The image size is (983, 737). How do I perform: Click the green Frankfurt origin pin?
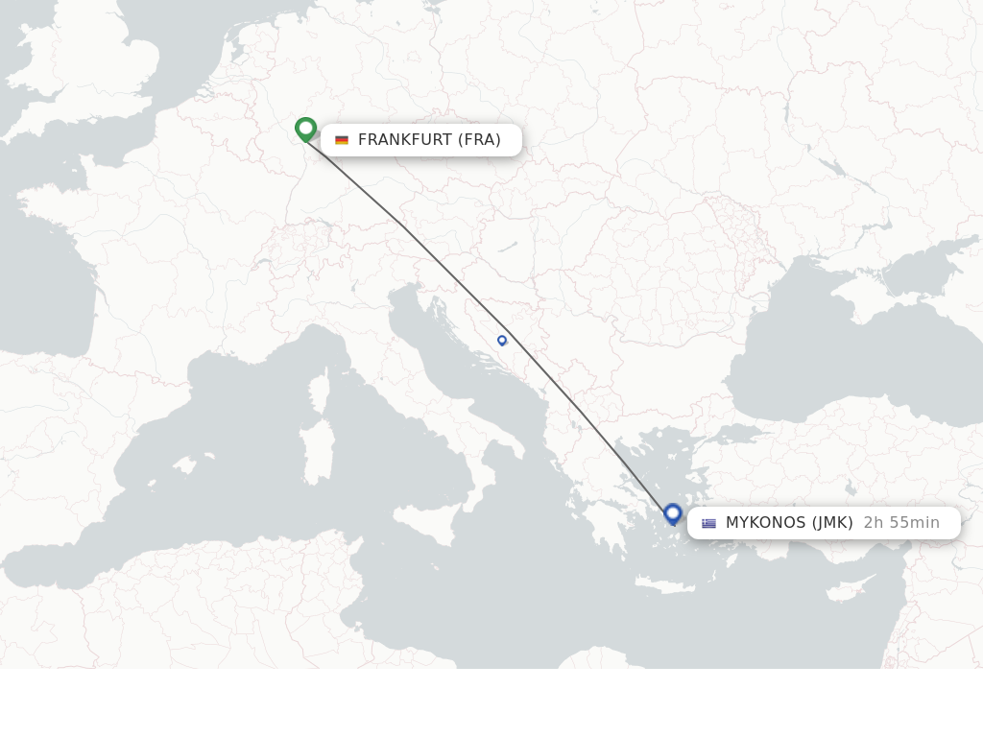305,129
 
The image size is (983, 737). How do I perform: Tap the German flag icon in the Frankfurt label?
341,140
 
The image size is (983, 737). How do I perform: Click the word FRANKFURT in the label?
404,140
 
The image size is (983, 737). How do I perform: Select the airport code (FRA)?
479,140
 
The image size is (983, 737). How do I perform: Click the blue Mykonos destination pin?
673,514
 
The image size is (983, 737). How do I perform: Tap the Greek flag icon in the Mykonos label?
708,523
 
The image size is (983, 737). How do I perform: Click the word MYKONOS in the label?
765,523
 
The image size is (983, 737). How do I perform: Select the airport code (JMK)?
831,523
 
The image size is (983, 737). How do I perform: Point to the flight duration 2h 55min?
900,523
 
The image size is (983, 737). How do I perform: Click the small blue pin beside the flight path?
502,340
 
